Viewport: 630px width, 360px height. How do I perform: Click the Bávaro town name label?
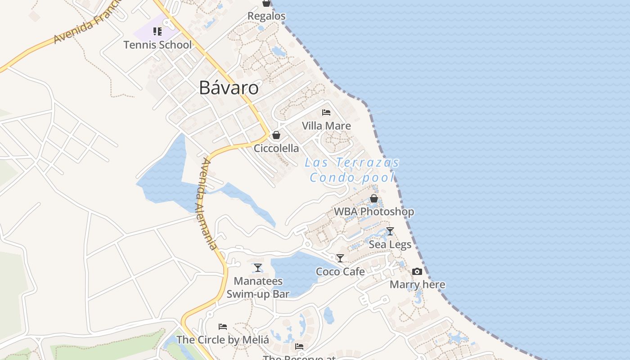tap(229, 88)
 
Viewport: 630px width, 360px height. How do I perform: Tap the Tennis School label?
tap(157, 45)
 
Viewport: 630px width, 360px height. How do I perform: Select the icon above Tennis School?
tap(157, 31)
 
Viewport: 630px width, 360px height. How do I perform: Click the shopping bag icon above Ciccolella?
tap(276, 135)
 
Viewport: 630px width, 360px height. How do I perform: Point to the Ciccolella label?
tap(276, 148)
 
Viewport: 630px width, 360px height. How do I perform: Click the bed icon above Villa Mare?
tap(326, 112)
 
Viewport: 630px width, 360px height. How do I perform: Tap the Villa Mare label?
tap(326, 126)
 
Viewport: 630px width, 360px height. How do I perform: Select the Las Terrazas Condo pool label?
tap(352, 170)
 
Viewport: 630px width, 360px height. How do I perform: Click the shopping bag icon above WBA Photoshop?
tap(373, 198)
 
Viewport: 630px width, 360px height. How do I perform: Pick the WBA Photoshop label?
tap(373, 211)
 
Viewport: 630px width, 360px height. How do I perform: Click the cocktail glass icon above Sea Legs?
tap(390, 231)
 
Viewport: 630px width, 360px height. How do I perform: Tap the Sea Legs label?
tap(390, 244)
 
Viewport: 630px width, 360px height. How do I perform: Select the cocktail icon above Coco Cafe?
tap(340, 258)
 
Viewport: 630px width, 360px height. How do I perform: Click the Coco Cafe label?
tap(340, 271)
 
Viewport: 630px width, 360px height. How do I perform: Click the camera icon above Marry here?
tap(417, 271)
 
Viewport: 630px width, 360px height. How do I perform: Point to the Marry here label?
tap(417, 284)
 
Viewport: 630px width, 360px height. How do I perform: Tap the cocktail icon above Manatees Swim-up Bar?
tap(257, 268)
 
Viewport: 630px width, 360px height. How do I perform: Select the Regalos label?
tap(266, 16)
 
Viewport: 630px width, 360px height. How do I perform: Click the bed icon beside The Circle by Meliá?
tap(222, 327)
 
